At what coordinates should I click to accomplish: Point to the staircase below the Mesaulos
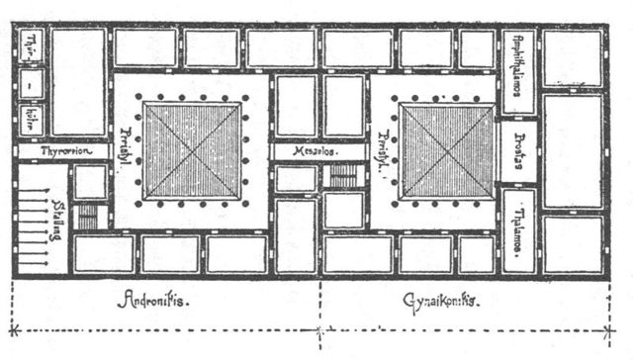pos(343,177)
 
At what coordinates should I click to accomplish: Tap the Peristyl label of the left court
pos(126,151)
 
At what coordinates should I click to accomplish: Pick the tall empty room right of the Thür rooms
pos(78,81)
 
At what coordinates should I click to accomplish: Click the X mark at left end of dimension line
pos(13,329)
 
